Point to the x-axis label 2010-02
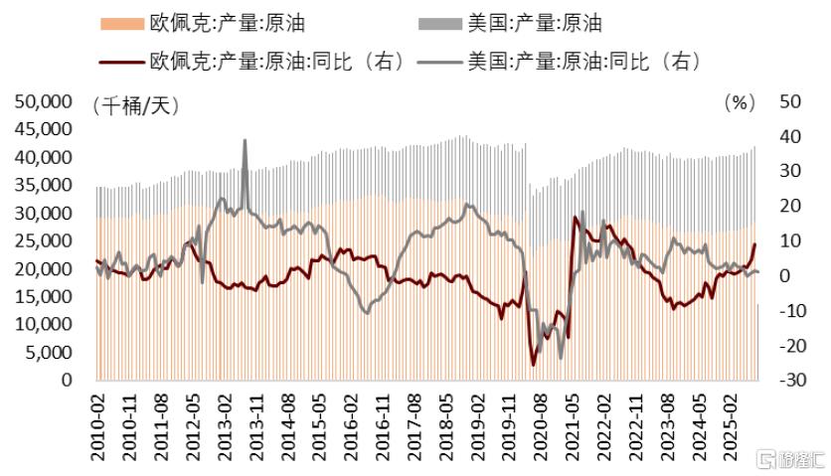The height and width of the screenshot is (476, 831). click(x=98, y=426)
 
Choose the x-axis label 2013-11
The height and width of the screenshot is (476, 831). click(x=256, y=426)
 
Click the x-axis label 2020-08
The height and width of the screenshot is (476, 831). click(x=541, y=426)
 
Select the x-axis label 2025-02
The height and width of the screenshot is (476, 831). click(x=730, y=426)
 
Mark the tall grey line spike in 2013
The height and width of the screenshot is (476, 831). click(x=245, y=141)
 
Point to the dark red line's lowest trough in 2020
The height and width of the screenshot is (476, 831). click(x=533, y=365)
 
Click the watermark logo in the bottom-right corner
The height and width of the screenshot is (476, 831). click(x=790, y=458)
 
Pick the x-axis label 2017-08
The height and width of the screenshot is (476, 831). click(x=415, y=426)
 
